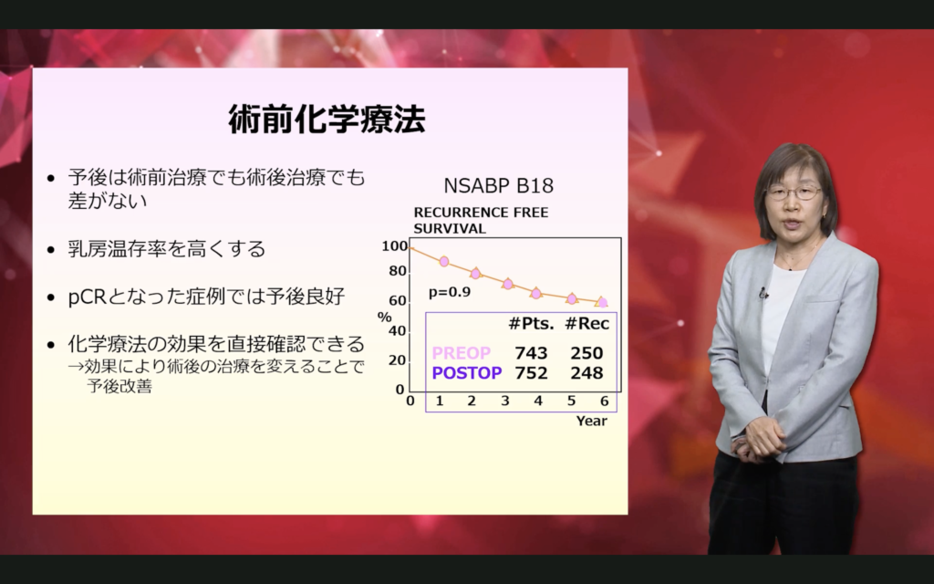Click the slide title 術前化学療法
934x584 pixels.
pyautogui.click(x=327, y=120)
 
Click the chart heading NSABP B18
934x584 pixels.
pyautogui.click(x=499, y=186)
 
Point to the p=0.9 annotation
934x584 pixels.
pyautogui.click(x=450, y=292)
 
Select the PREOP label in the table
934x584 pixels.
pyautogui.click(x=461, y=353)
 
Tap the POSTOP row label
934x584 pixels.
pyautogui.click(x=467, y=373)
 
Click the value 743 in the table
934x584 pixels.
pyautogui.click(x=532, y=353)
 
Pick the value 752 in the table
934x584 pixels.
pyautogui.click(x=532, y=373)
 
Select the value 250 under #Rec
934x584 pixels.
pyautogui.click(x=586, y=353)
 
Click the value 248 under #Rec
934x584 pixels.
pyautogui.click(x=586, y=373)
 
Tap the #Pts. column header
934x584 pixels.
pyautogui.click(x=532, y=324)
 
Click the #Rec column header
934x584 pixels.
pyautogui.click(x=586, y=324)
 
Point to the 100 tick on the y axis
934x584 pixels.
pyautogui.click(x=394, y=245)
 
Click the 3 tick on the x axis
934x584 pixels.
pyautogui.click(x=505, y=401)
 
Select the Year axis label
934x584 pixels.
pyautogui.click(x=591, y=421)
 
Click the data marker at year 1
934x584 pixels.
pyautogui.click(x=444, y=261)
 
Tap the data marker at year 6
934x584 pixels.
pyautogui.click(x=602, y=302)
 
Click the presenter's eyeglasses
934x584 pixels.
pyautogui.click(x=794, y=193)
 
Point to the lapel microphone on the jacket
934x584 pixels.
pyautogui.click(x=763, y=293)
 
